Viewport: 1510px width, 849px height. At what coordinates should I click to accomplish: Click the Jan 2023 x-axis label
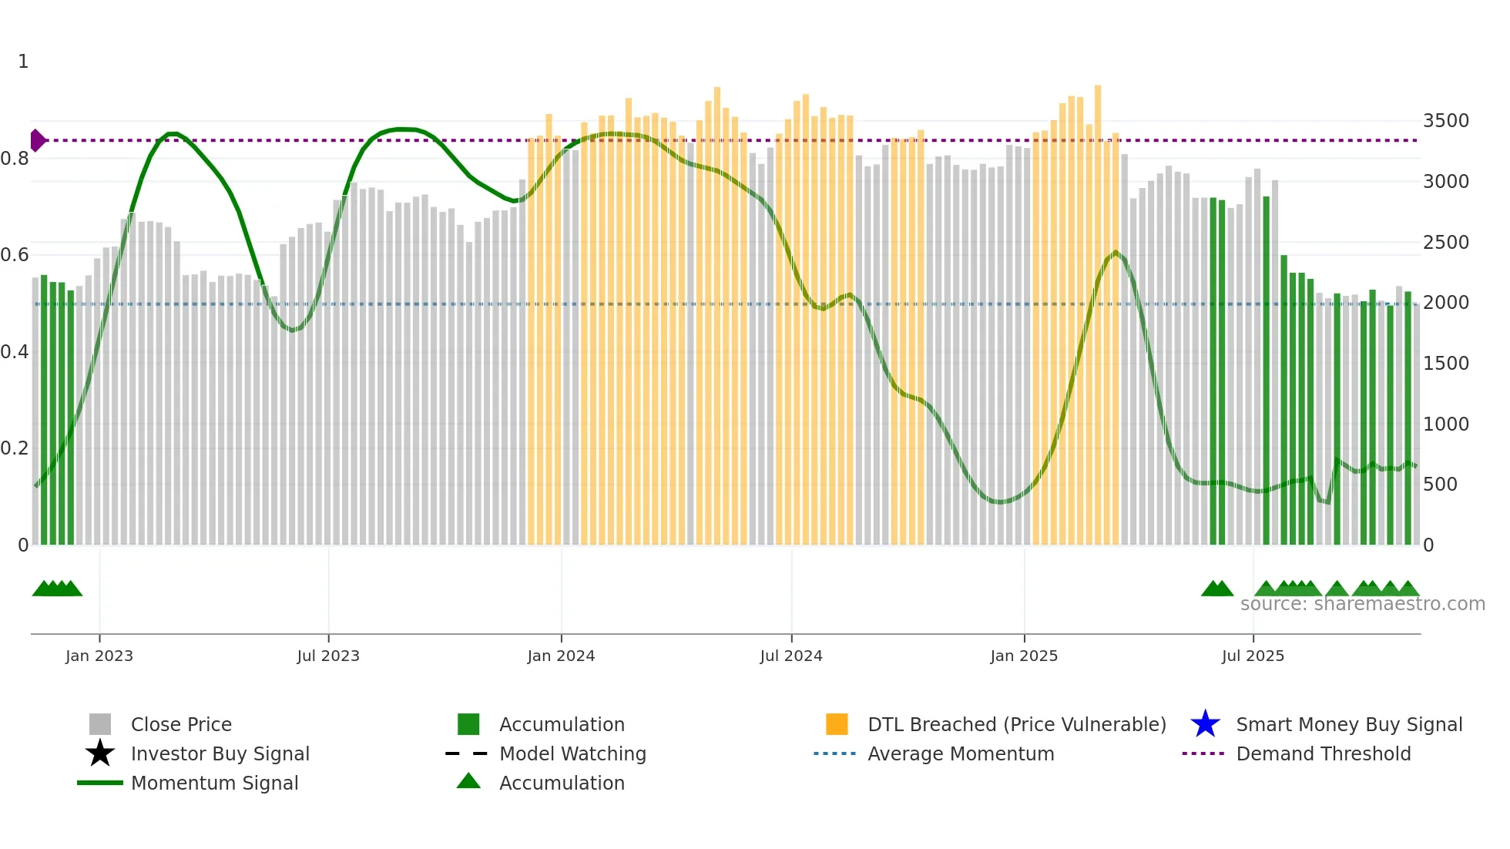(99, 656)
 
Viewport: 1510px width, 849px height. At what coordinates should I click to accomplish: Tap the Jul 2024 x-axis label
(791, 656)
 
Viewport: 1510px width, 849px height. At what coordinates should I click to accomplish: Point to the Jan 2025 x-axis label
(1024, 656)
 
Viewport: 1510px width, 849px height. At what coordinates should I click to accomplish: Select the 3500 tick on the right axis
(1445, 121)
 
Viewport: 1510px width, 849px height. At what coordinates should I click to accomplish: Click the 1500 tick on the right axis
(1445, 364)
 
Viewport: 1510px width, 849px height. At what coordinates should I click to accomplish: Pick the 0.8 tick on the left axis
(15, 159)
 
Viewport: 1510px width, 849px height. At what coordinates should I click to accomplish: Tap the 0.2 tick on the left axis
(15, 448)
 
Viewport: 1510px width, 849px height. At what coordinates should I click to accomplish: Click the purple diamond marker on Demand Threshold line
(37, 140)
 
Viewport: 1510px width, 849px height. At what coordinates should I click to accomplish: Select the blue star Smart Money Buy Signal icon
(1205, 724)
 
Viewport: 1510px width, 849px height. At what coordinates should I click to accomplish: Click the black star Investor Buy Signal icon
(100, 753)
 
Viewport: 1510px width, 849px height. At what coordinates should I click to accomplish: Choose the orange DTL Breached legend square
(837, 724)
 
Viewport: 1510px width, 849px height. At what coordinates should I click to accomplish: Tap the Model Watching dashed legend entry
(467, 753)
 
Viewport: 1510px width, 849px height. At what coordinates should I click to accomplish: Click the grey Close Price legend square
(100, 724)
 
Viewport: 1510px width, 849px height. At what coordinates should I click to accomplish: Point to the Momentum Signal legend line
(100, 783)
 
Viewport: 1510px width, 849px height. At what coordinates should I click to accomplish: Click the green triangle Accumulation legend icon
(468, 781)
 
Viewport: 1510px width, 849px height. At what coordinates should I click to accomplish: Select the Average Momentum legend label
(961, 753)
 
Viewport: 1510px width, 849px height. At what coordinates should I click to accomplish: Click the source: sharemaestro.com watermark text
(1362, 604)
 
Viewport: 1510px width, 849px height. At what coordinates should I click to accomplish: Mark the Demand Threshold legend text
(1323, 753)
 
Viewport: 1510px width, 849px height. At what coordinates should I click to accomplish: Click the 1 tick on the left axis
(23, 62)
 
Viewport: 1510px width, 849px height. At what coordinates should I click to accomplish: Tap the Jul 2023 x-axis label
(328, 656)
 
